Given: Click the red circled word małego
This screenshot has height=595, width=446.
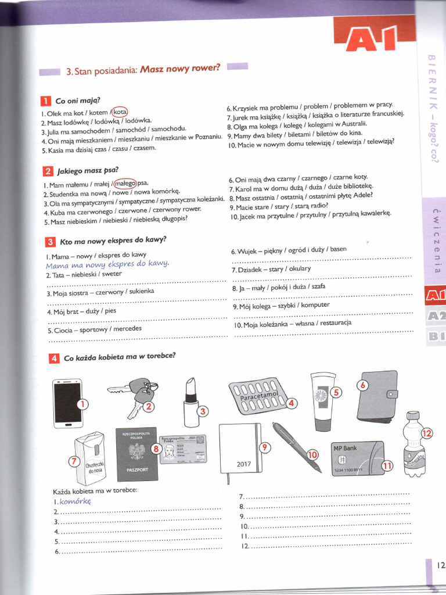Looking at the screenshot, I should click(x=125, y=184).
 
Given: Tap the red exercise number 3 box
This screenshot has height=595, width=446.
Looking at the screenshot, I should click(x=51, y=242).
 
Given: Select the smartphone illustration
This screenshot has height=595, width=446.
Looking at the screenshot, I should click(x=67, y=403).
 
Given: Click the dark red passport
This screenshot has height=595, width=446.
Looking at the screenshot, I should click(x=137, y=456).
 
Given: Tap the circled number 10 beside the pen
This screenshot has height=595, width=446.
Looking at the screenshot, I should click(x=312, y=454).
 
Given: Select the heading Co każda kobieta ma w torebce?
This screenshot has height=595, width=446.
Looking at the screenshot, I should click(x=120, y=357).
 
